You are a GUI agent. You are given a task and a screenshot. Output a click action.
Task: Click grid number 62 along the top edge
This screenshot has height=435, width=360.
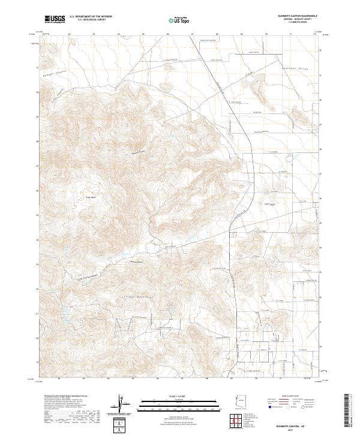70,35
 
